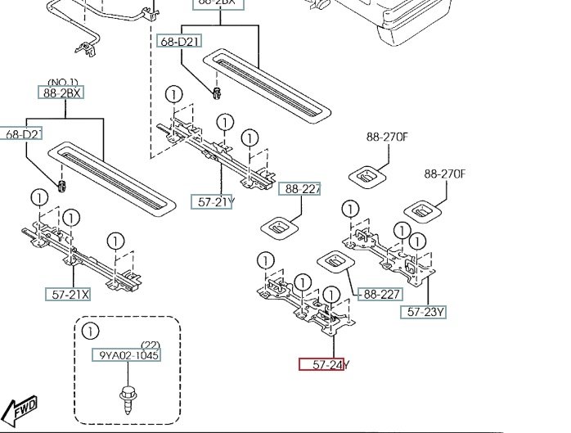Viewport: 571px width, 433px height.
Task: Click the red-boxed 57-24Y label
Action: tap(321, 364)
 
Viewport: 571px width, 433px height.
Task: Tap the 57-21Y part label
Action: tap(213, 201)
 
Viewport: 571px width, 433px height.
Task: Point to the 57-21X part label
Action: tap(68, 293)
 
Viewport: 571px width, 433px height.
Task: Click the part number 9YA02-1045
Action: tap(125, 355)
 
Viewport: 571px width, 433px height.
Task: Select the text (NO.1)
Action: tap(62, 83)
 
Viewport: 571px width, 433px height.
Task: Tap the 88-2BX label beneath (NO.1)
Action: tap(62, 92)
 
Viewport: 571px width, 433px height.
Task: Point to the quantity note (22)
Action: tap(149, 345)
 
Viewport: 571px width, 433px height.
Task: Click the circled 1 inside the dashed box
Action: tap(89, 332)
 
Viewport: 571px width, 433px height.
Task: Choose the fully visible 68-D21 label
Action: tap(179, 41)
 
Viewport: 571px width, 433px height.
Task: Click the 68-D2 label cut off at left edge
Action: tap(22, 133)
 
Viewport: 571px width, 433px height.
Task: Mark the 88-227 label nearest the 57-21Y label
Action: tap(300, 189)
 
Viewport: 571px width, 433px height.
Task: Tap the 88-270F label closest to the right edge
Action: tap(444, 174)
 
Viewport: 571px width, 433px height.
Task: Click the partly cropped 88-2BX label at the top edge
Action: tap(216, 3)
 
